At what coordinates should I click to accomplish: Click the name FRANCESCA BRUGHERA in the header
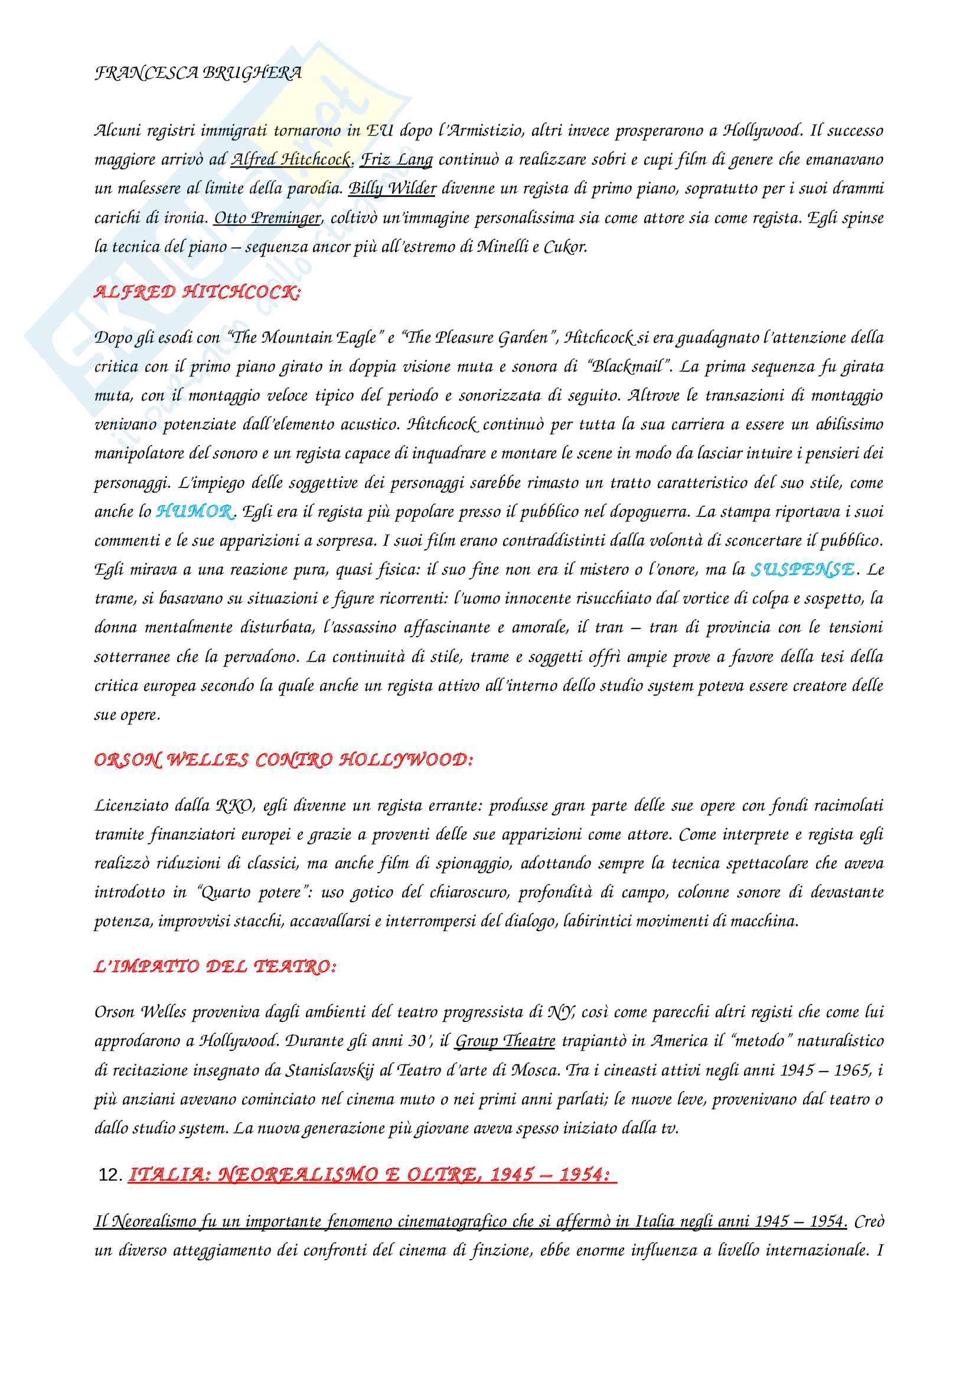point(198,73)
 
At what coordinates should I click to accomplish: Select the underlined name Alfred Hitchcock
point(291,159)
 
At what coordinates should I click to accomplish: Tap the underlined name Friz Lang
point(396,159)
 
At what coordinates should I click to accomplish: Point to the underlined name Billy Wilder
point(392,188)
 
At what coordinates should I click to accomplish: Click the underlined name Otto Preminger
point(267,218)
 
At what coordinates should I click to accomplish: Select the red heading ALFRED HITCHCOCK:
point(197,292)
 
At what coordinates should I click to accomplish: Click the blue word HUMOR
point(194,512)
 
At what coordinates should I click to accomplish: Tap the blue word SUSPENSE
point(802,569)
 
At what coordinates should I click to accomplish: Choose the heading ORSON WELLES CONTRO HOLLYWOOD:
point(283,761)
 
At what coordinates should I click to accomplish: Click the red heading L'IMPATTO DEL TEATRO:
point(215,967)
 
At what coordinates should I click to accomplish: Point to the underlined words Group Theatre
point(505,1041)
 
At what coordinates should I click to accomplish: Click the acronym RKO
point(234,805)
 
